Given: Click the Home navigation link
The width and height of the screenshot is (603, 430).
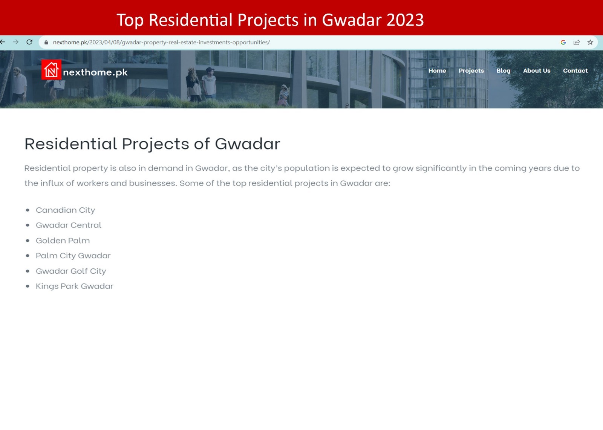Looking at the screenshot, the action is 437,70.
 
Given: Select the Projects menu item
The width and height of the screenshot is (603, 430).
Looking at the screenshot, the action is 471,71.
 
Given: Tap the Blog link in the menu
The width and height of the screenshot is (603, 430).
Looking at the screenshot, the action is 503,71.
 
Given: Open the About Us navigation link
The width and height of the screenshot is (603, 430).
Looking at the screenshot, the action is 537,70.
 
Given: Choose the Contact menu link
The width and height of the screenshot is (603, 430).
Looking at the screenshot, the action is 575,70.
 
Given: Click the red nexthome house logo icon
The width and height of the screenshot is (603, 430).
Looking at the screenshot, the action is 51,70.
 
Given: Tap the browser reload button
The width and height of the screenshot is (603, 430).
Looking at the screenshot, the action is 29,42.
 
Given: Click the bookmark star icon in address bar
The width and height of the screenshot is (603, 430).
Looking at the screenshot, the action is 590,42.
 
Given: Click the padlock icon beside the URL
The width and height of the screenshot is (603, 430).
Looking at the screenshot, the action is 46,42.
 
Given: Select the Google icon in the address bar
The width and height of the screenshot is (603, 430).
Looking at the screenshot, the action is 563,42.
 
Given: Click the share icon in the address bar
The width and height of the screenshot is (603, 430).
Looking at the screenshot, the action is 576,42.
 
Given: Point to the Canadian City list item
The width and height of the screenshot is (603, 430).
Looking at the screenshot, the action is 66,210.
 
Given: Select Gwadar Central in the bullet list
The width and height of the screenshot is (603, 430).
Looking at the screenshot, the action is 68,225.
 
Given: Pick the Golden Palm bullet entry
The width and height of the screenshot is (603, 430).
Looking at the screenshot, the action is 63,240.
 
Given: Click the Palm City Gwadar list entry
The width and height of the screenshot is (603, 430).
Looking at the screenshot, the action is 73,255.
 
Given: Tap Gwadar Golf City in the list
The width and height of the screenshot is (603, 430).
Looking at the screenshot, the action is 71,271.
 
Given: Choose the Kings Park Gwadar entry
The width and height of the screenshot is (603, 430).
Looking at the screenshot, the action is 75,286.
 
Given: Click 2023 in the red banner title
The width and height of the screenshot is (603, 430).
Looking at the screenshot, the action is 405,20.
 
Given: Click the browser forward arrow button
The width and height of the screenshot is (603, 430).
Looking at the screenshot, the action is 15,42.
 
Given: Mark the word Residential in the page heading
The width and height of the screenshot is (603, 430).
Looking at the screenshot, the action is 70,143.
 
